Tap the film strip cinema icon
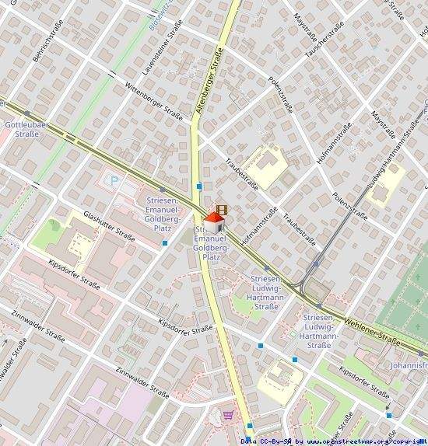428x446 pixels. click(223, 210)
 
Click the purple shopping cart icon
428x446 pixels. click(228, 416)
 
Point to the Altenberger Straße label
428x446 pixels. click(209, 82)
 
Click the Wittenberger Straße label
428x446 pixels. click(153, 103)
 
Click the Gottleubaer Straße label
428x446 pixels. click(27, 129)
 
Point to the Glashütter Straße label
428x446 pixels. click(108, 226)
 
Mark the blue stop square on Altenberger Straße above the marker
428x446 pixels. click(200, 186)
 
